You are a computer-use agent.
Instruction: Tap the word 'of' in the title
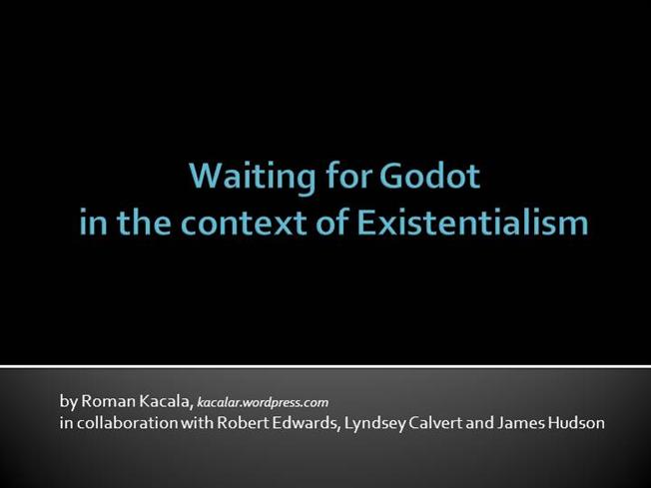(325, 222)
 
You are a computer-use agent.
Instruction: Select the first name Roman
(106, 401)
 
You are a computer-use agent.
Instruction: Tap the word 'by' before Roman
(68, 401)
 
